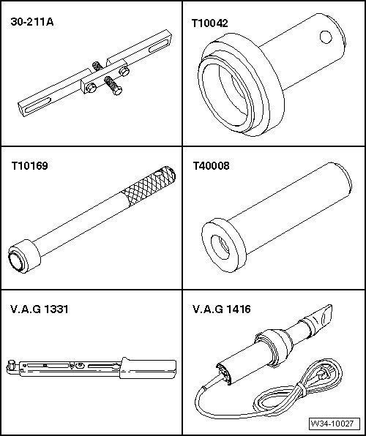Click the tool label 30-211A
click(32, 22)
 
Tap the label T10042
click(210, 23)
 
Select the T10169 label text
click(29, 166)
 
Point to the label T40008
click(212, 166)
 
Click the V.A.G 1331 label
click(39, 309)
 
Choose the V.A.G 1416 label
click(222, 309)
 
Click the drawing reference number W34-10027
click(332, 424)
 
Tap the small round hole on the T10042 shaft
click(326, 37)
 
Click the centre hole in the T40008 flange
click(220, 247)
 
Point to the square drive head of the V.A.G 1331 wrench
click(11, 365)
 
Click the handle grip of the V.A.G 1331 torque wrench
click(149, 369)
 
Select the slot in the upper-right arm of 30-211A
click(158, 45)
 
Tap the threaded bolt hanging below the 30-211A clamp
click(113, 86)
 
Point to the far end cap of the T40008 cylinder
click(344, 178)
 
